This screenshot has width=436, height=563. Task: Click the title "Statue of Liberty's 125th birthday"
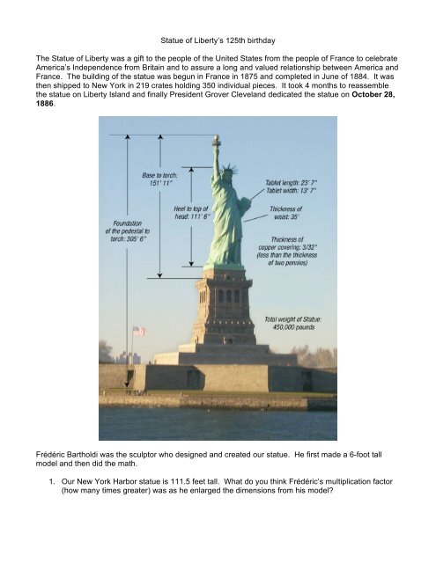tap(218, 40)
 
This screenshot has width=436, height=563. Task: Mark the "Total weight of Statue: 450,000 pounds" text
tap(297, 321)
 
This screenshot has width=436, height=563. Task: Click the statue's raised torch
tap(215, 140)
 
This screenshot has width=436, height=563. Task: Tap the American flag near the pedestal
tap(137, 331)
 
